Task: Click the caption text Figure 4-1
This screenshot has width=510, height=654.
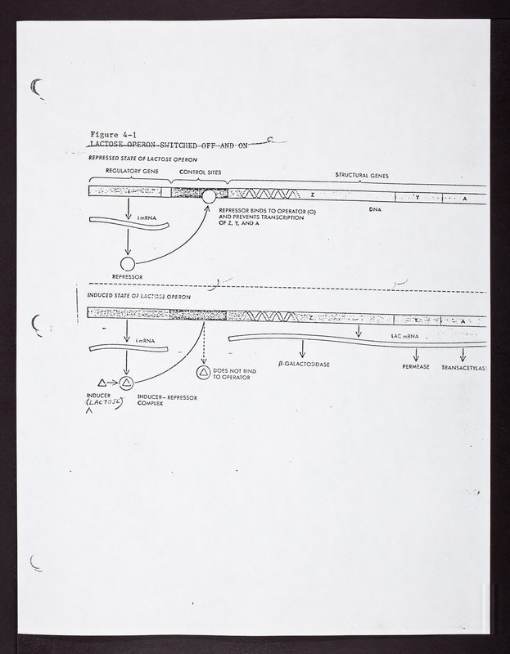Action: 120,133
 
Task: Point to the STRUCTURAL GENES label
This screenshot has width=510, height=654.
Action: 362,175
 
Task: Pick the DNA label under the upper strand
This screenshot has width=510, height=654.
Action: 376,209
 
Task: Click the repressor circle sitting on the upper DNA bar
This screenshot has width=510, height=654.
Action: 210,196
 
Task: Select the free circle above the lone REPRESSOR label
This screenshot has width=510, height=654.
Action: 127,263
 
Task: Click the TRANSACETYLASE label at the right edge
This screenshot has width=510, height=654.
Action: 464,368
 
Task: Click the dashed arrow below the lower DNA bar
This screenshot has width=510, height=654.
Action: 202,344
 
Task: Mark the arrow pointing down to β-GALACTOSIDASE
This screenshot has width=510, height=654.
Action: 302,347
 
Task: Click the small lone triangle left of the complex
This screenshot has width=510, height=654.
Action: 102,382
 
